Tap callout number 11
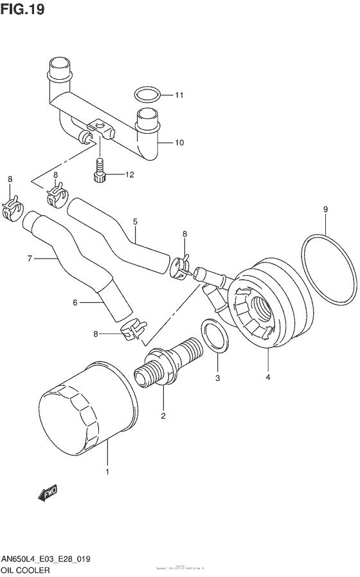click(x=179, y=96)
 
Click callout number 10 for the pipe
click(x=179, y=142)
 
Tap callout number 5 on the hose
click(x=136, y=222)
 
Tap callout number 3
click(x=217, y=378)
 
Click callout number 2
click(x=163, y=416)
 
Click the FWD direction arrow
click(x=48, y=493)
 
